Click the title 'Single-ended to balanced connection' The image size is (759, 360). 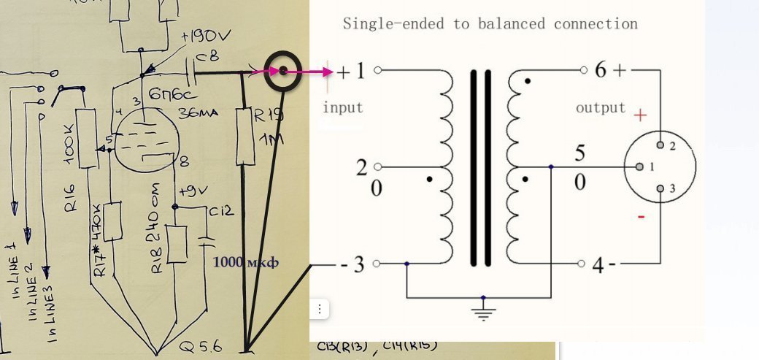pos(490,23)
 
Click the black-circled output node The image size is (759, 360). pos(282,71)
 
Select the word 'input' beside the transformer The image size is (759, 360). pos(343,107)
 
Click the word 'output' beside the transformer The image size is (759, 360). pos(601,107)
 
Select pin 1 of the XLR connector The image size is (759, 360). pos(639,167)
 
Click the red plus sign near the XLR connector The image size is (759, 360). pos(640,115)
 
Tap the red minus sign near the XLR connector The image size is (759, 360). pos(640,217)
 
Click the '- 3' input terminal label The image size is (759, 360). pos(352,264)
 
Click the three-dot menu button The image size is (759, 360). pos(319,309)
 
